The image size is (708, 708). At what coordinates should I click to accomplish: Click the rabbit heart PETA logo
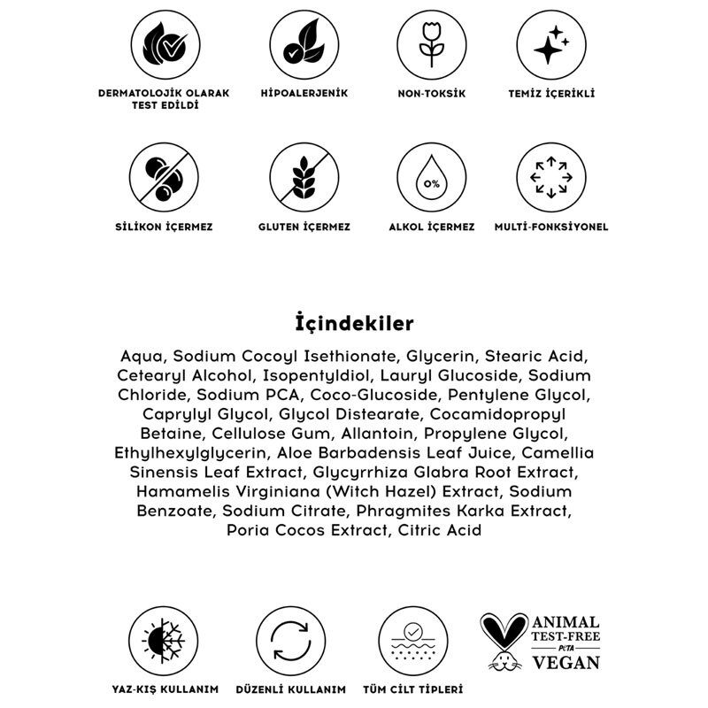pyautogui.click(x=504, y=640)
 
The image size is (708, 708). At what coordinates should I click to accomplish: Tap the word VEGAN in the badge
pyautogui.click(x=566, y=662)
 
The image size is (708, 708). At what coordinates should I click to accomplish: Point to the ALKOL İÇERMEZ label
pyautogui.click(x=431, y=227)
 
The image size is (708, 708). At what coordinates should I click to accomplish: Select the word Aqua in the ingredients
pyautogui.click(x=142, y=356)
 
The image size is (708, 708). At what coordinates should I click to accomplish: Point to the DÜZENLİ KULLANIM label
pyautogui.click(x=289, y=689)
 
